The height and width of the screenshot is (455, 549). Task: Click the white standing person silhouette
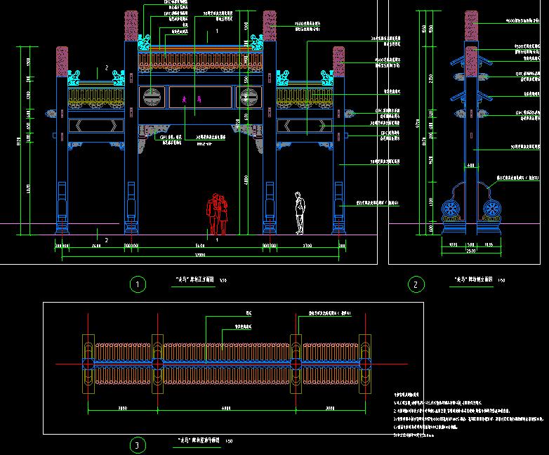point(300,213)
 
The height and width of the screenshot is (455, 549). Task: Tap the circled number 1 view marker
point(138,284)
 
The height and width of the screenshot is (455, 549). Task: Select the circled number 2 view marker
point(416,284)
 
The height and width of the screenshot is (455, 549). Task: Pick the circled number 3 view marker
point(138,444)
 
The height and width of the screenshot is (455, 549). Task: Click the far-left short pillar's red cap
point(62,61)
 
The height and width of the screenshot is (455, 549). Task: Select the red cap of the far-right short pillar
point(339,61)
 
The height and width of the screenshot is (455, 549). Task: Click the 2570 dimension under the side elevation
point(471,250)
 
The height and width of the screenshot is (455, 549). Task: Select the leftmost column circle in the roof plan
point(87,364)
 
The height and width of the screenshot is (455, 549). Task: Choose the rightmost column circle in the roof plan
point(365,364)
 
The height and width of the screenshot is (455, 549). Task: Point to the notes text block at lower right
point(463,414)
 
